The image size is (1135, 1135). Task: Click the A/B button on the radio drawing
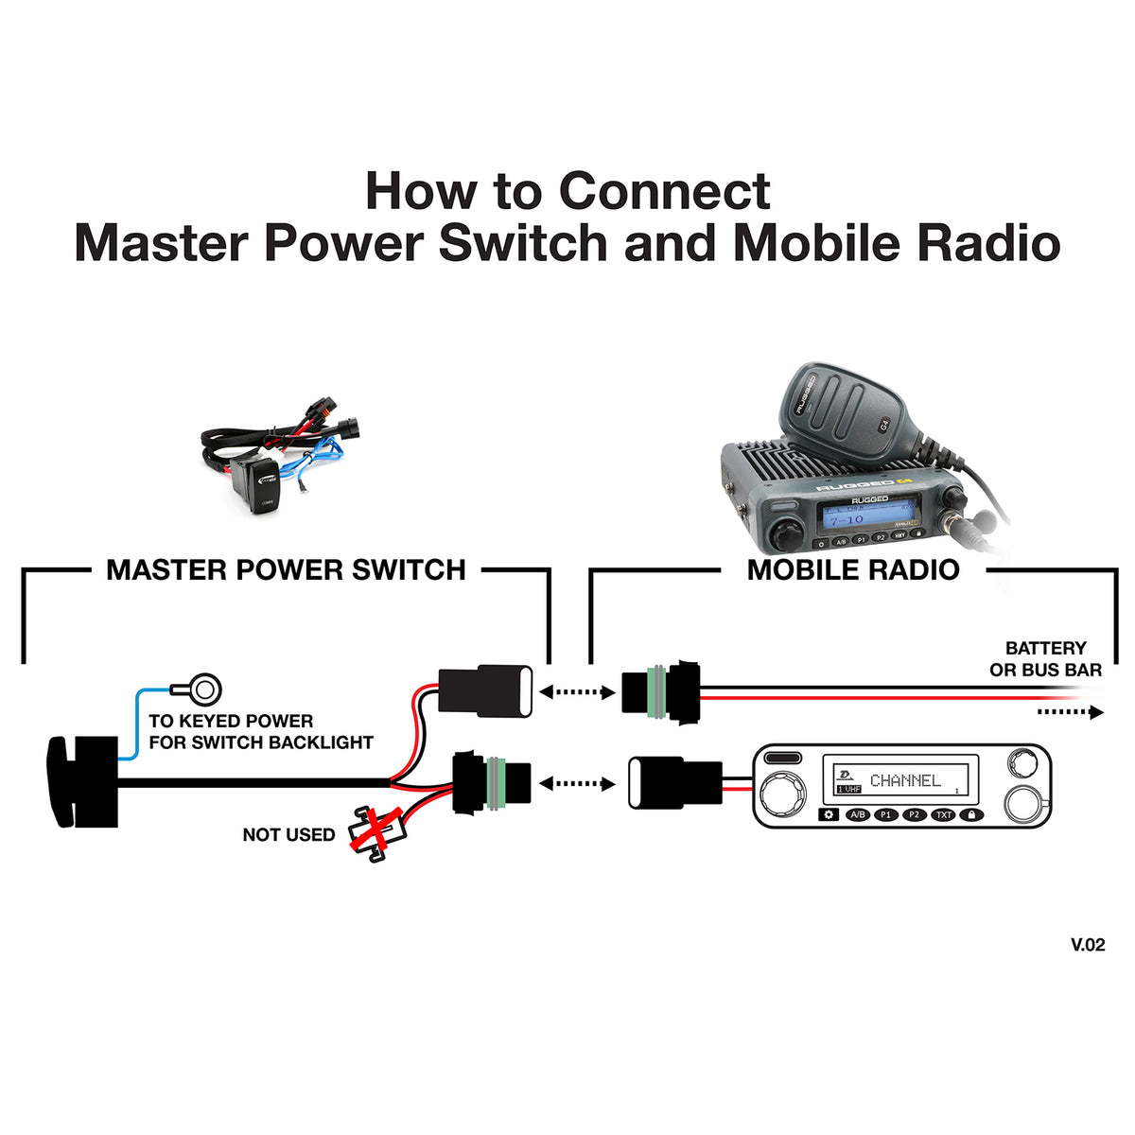[x=857, y=814]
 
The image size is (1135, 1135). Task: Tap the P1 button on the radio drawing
[x=886, y=814]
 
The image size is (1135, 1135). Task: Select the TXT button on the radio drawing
[x=943, y=814]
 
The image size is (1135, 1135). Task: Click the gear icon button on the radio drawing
[x=829, y=814]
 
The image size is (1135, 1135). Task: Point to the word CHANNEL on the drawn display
[x=905, y=780]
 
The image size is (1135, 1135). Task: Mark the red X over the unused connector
[x=372, y=832]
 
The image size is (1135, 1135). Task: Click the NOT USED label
[x=288, y=835]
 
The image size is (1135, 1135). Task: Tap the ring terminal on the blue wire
[x=200, y=689]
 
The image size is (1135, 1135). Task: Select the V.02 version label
[x=1088, y=944]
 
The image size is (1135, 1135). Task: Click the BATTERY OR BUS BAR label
[x=1045, y=659]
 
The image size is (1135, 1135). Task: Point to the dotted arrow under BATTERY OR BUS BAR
[x=1070, y=711]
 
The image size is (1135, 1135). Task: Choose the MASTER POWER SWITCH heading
[x=286, y=570]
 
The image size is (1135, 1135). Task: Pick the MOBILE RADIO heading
[x=853, y=570]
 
